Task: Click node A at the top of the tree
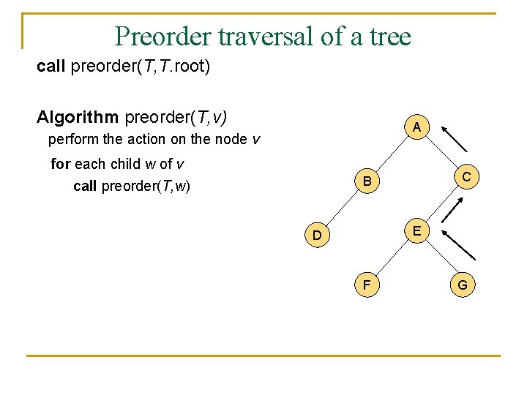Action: (x=416, y=127)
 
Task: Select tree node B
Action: (x=367, y=181)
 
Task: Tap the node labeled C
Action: (x=465, y=176)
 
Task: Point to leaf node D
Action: (x=317, y=236)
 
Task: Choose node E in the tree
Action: (x=416, y=231)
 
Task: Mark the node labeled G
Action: (x=463, y=284)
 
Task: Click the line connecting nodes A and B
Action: (x=392, y=153)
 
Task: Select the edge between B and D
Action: (x=343, y=207)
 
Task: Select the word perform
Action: (x=72, y=139)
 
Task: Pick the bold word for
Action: (x=61, y=164)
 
